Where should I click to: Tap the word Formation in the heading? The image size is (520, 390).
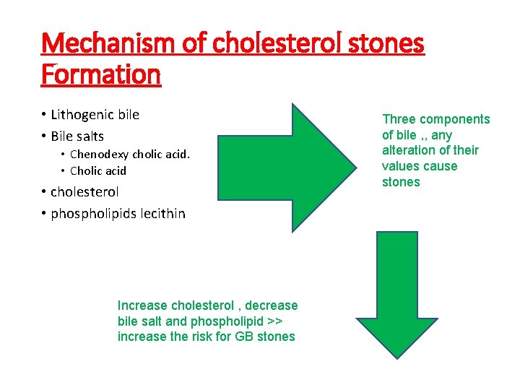click(x=100, y=74)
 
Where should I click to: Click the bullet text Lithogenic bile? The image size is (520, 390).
click(x=95, y=115)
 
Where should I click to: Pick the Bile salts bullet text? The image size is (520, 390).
click(x=77, y=136)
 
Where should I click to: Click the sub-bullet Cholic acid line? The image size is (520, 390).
click(x=97, y=170)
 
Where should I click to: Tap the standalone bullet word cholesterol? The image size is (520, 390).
click(x=84, y=192)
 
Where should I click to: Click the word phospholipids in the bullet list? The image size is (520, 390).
click(x=93, y=214)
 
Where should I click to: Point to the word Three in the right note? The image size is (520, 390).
click(x=399, y=119)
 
